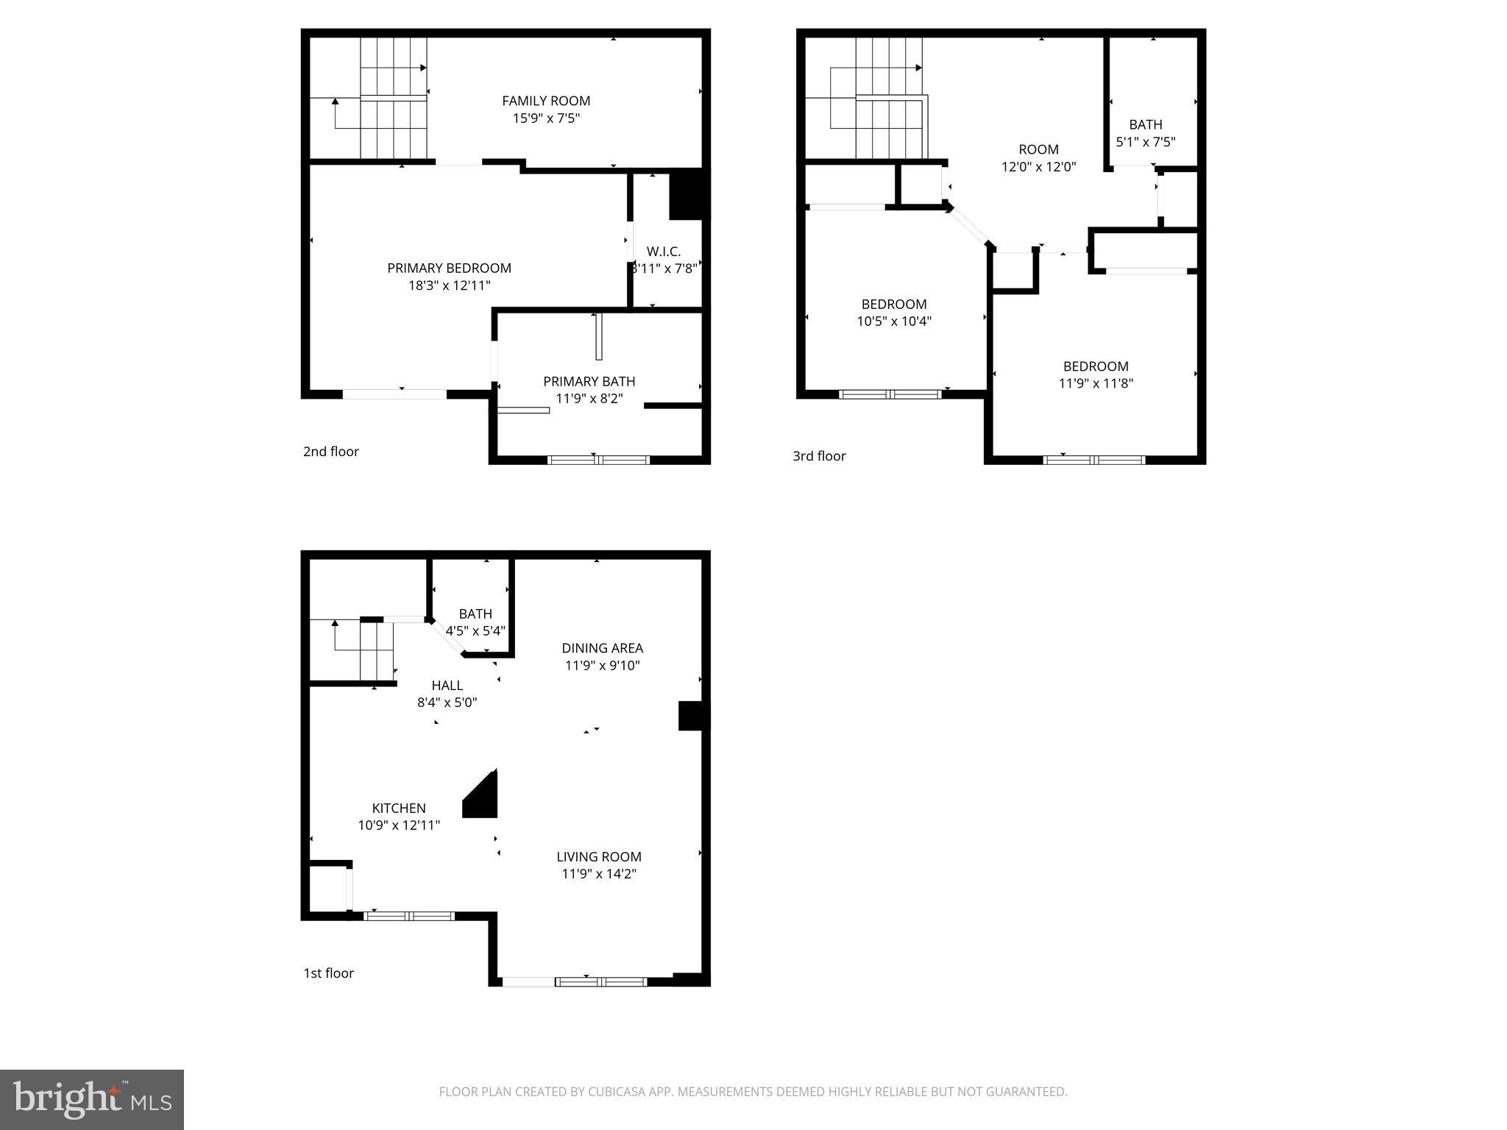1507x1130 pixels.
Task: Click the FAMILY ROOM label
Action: click(x=546, y=101)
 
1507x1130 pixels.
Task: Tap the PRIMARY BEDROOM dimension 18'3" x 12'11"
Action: click(x=449, y=285)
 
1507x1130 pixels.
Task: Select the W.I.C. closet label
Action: click(x=664, y=252)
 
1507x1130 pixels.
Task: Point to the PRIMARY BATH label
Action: click(x=589, y=381)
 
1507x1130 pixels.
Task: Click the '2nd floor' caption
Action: click(x=331, y=452)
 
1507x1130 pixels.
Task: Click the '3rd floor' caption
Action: click(x=819, y=456)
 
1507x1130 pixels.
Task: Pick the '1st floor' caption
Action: click(x=329, y=973)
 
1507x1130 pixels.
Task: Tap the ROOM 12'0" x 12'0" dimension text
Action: click(x=1038, y=167)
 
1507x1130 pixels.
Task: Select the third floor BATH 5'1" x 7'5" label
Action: click(x=1145, y=125)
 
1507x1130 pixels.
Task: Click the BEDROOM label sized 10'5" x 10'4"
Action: click(x=894, y=304)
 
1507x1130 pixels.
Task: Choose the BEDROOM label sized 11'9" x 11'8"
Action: click(x=1096, y=366)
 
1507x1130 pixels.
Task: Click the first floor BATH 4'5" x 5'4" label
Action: click(x=475, y=614)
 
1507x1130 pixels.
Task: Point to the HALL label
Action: click(x=447, y=686)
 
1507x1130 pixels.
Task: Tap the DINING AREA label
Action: click(x=602, y=648)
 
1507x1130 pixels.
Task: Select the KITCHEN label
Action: click(x=399, y=808)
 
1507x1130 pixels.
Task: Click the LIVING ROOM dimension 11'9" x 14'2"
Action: click(x=599, y=874)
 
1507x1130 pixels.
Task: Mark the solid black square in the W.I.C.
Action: click(x=687, y=194)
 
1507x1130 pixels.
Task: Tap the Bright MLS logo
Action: click(x=92, y=1099)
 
